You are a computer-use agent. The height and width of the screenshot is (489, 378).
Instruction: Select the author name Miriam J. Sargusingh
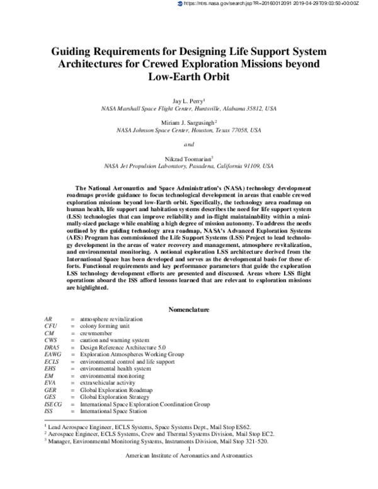click(x=188, y=122)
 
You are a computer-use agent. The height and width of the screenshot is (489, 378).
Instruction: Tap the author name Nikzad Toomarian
click(x=188, y=158)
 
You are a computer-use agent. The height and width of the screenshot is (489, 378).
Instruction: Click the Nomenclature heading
click(x=189, y=309)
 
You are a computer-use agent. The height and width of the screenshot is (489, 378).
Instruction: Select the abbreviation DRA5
click(x=52, y=347)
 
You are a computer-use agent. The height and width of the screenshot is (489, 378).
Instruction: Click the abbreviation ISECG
click(x=54, y=404)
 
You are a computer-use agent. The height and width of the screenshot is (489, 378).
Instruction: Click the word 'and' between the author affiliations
click(x=188, y=144)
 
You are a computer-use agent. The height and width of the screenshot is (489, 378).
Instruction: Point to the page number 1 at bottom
click(x=189, y=448)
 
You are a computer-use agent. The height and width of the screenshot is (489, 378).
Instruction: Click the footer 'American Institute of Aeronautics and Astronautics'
click(x=189, y=455)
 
